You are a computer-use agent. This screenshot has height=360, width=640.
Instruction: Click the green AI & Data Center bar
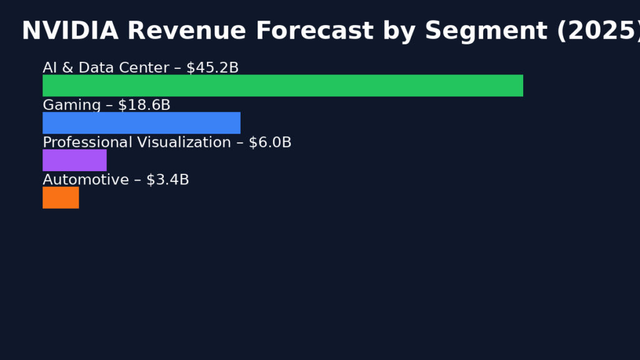tap(282, 86)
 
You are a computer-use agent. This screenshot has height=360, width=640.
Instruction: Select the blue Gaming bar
tap(141, 123)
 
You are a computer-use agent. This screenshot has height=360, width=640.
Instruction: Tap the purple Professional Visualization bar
tap(74, 160)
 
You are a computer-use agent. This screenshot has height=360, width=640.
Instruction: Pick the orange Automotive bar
tap(61, 197)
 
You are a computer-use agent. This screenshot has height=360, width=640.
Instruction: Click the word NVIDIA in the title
tap(70, 31)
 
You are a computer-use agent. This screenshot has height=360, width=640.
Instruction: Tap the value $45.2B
tap(212, 68)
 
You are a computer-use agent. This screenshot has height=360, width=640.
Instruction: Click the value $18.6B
tap(144, 106)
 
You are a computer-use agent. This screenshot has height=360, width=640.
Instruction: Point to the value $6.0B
tap(270, 143)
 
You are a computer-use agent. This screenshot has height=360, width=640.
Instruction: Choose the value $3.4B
tap(167, 181)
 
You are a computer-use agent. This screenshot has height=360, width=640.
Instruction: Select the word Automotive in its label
tap(86, 181)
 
